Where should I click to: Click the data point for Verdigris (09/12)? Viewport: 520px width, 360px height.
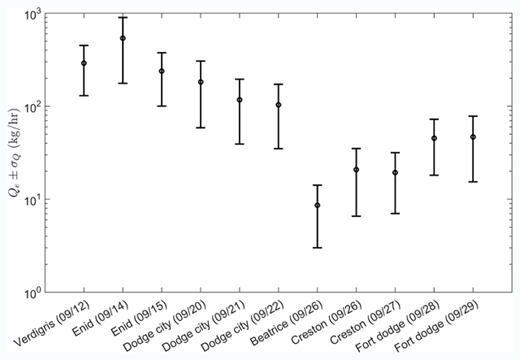[84, 63]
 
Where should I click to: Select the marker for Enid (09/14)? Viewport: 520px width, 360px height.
[123, 39]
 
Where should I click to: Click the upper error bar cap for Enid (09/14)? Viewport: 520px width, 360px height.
[123, 17]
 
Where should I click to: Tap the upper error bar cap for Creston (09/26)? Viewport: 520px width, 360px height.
[356, 148]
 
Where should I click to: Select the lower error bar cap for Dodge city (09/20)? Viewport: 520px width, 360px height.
[201, 127]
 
